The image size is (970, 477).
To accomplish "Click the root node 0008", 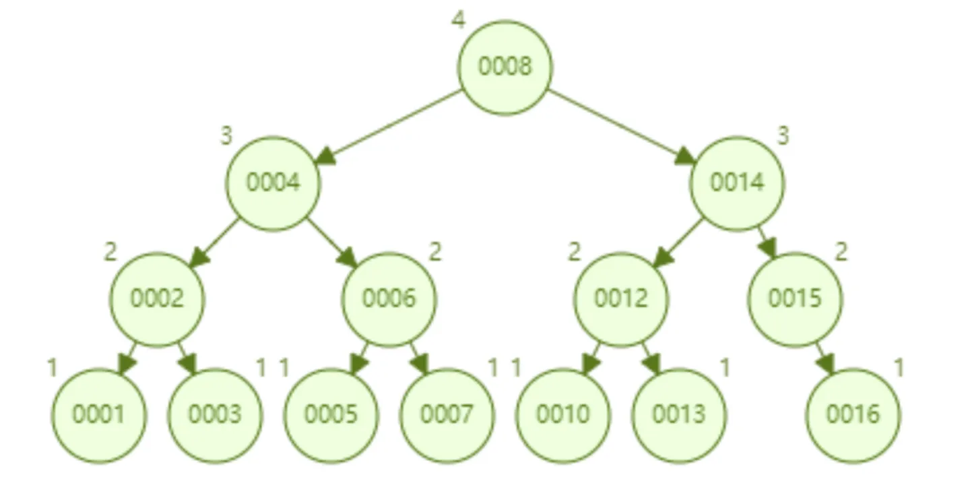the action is tap(505, 67).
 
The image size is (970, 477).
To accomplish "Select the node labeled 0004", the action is tap(273, 184).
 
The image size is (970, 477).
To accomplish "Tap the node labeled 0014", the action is tap(737, 184).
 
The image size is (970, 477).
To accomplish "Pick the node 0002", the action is tap(157, 300).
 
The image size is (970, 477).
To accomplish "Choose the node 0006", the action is tap(389, 300).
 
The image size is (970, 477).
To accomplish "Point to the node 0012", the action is tap(621, 300).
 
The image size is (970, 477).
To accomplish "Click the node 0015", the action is tap(795, 300).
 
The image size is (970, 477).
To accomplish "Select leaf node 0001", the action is tap(99, 416).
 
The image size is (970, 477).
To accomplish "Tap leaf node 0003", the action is tap(216, 416).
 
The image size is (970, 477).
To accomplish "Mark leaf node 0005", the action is tap(331, 416).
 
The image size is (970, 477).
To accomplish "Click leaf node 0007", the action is tap(447, 416).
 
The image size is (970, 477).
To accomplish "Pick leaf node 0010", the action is tap(563, 416).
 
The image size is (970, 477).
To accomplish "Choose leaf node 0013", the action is tap(679, 416).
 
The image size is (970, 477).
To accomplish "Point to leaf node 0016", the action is tap(853, 416).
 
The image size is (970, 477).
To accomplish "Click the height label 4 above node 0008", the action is tap(459, 20).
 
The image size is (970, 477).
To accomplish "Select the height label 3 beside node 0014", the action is tap(783, 135).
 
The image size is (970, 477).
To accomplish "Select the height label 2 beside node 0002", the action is tap(110, 252).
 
